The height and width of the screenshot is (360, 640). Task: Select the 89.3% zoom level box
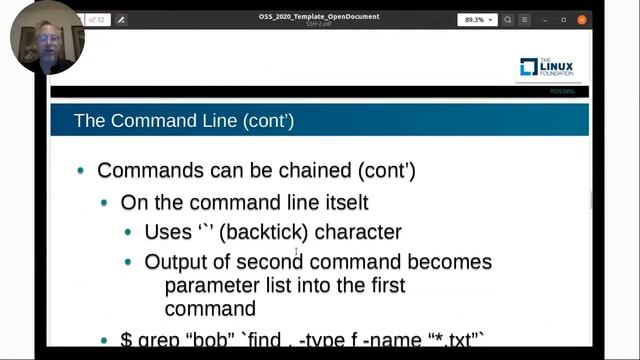[x=477, y=19]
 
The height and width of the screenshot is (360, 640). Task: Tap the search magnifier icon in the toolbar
[x=508, y=19]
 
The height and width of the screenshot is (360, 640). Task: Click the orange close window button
[x=583, y=19]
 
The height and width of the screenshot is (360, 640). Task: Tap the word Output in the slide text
[x=176, y=262]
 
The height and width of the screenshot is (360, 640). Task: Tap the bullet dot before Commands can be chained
[x=81, y=171]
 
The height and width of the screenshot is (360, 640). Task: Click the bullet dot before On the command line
[x=105, y=202]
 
